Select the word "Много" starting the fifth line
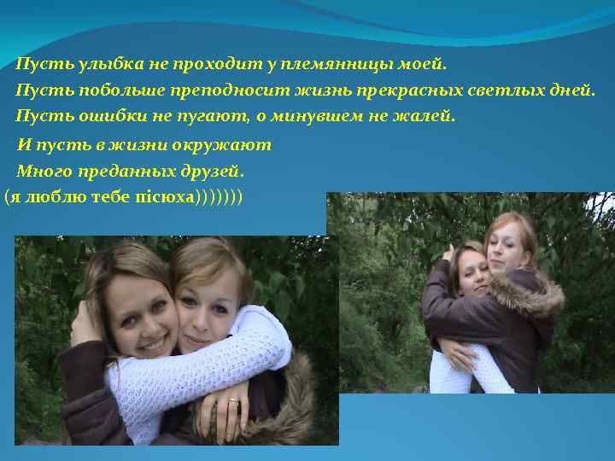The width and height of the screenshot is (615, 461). pyautogui.click(x=39, y=170)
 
